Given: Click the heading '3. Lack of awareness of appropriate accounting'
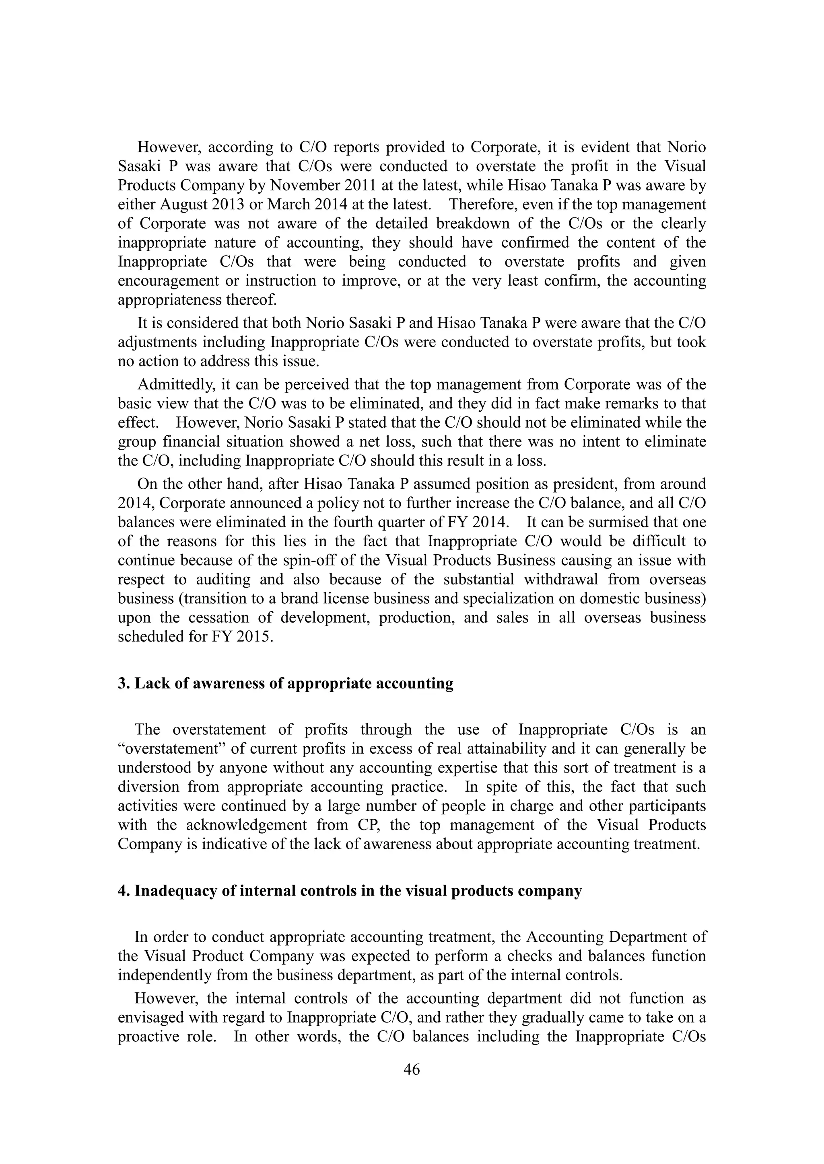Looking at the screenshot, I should click(x=286, y=683).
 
